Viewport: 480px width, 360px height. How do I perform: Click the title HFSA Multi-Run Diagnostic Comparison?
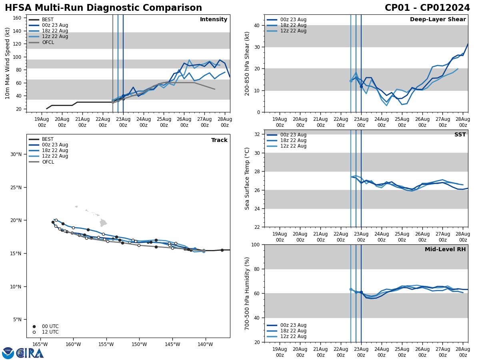[103, 8]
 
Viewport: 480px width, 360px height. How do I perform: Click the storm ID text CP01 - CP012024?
[427, 8]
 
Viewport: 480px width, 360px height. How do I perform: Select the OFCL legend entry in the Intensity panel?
[48, 42]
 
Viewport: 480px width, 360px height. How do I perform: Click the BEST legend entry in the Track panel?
[48, 140]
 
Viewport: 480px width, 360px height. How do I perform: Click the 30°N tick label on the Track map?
[16, 154]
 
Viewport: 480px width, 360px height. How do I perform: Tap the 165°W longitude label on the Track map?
[40, 344]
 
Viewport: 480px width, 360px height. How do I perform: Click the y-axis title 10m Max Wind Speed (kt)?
[8, 63]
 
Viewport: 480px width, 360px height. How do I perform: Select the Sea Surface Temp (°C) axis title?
[247, 178]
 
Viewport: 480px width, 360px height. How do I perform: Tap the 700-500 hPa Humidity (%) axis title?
[247, 293]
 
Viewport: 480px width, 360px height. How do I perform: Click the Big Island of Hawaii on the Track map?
[103, 223]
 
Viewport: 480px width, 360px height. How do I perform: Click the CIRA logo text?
[30, 353]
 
